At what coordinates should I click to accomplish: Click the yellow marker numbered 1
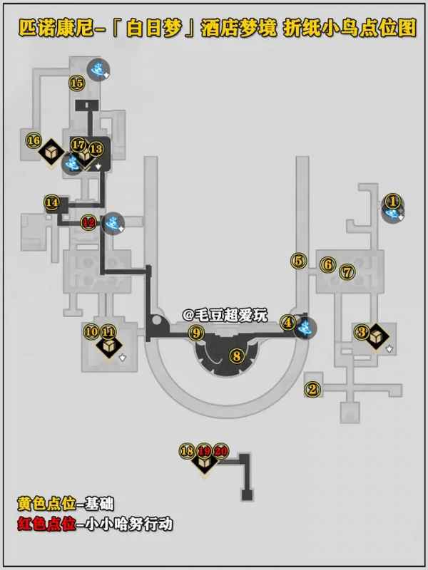(392, 201)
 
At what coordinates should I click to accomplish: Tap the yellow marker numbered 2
(311, 389)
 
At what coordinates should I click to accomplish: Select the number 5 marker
(297, 261)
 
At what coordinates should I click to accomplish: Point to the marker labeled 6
(327, 264)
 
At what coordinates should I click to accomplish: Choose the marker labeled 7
(347, 271)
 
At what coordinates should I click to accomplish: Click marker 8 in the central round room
(236, 355)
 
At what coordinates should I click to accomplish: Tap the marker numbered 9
(196, 332)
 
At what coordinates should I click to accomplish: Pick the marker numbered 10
(91, 331)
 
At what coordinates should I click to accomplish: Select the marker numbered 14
(52, 202)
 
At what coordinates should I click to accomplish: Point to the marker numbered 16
(33, 140)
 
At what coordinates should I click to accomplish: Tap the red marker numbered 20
(221, 450)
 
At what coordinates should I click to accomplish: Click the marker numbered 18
(188, 450)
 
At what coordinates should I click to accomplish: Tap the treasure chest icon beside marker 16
(51, 152)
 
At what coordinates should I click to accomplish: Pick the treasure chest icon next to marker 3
(378, 336)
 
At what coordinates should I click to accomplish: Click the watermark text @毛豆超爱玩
(225, 314)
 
